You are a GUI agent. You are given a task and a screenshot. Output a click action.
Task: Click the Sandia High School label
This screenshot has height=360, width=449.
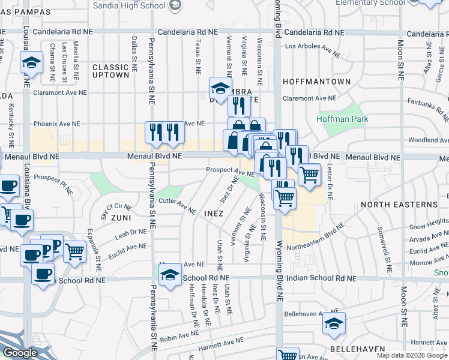pyautogui.click(x=130, y=6)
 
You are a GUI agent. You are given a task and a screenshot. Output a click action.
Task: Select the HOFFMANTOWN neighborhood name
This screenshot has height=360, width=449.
pyautogui.click(x=316, y=81)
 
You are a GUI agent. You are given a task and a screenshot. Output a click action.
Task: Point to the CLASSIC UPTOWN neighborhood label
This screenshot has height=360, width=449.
pyautogui.click(x=110, y=71)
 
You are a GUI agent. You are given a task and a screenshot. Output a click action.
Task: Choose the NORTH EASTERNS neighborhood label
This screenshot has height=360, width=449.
pyautogui.click(x=399, y=205)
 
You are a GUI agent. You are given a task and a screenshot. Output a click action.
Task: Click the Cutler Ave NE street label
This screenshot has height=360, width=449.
pyautogui.click(x=178, y=206)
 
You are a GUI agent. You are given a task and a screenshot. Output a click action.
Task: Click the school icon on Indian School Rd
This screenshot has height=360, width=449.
pyautogui.click(x=170, y=275)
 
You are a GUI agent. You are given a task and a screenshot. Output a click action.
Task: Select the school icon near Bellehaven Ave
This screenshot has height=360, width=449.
pyautogui.click(x=334, y=324)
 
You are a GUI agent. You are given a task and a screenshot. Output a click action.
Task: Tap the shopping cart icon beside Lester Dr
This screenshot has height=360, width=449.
pyautogui.click(x=309, y=175)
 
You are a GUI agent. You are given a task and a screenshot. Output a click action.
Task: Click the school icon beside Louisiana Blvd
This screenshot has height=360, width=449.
pyautogui.click(x=30, y=62)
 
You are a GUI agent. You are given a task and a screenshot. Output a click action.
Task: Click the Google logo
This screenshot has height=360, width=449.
pyautogui.click(x=20, y=353)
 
